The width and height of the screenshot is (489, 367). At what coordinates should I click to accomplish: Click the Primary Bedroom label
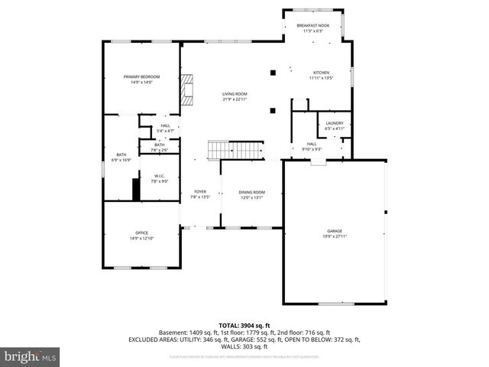[x=142, y=76]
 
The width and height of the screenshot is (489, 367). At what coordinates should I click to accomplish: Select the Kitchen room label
[x=321, y=73]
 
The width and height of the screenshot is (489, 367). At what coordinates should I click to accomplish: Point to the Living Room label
[x=235, y=94]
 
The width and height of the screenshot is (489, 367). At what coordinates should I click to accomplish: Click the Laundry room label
[x=335, y=122]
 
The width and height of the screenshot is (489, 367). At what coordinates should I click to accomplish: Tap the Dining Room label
[x=252, y=192]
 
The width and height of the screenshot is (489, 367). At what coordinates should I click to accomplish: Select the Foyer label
[x=199, y=192]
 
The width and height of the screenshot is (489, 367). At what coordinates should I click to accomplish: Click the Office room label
[x=142, y=232]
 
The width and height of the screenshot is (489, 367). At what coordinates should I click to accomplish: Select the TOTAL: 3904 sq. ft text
[x=244, y=326]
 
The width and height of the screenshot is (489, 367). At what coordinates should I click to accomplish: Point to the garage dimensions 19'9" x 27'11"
[x=335, y=236]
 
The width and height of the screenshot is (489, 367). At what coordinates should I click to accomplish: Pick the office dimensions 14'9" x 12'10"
[x=142, y=239]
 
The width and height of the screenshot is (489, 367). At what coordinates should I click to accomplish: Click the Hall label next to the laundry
[x=312, y=144]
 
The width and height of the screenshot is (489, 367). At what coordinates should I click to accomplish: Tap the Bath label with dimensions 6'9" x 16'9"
[x=121, y=156]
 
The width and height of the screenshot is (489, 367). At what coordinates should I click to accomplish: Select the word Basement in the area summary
[x=173, y=333]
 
